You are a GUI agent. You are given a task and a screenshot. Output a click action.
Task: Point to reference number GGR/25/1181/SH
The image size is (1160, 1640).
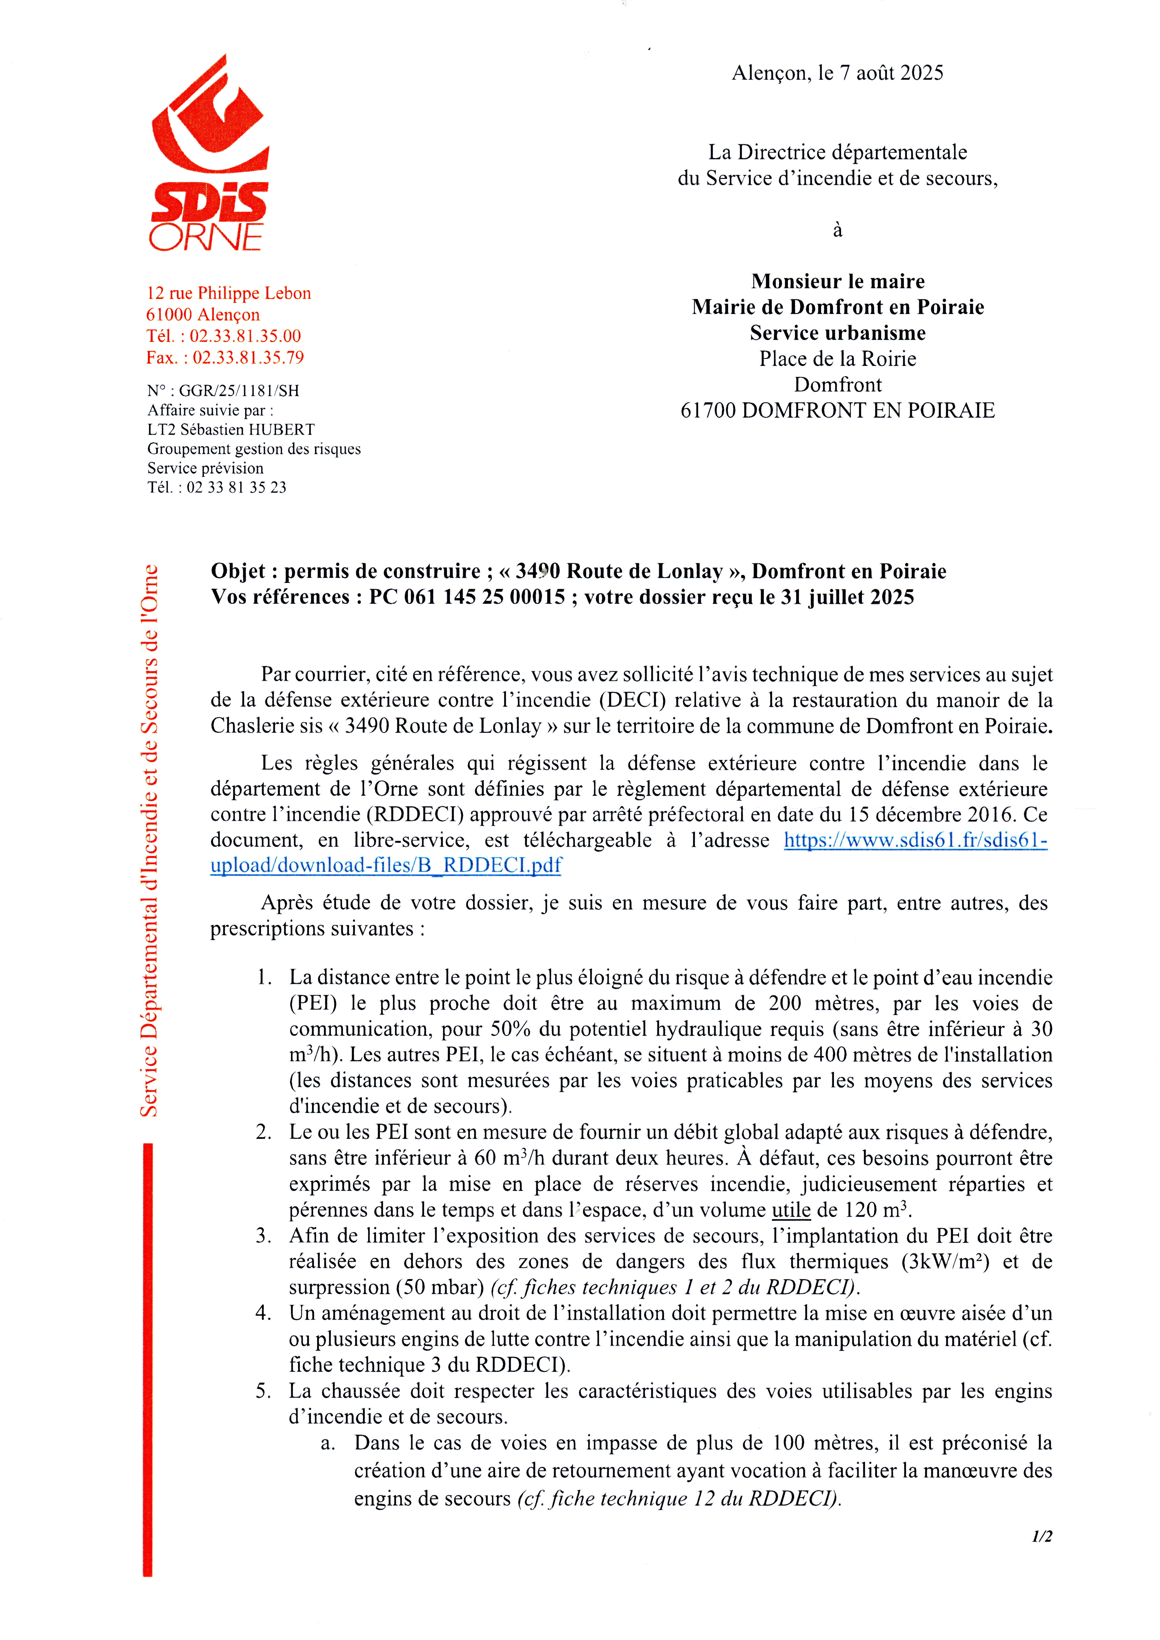(x=239, y=391)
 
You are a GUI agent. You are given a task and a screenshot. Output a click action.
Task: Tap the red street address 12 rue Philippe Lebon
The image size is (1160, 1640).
(x=229, y=293)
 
